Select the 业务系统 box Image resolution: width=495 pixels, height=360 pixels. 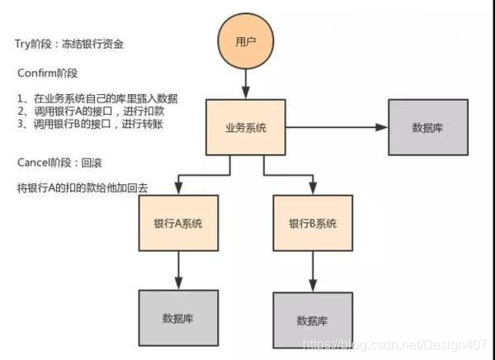[x=246, y=128]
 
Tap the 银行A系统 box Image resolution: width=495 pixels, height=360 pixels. [x=178, y=224]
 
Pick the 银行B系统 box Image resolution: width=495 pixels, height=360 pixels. [x=313, y=224]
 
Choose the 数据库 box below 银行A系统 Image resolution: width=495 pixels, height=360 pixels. [x=179, y=317]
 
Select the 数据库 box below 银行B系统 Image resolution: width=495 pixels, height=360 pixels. [x=313, y=320]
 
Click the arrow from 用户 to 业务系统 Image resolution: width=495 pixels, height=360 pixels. [x=246, y=83]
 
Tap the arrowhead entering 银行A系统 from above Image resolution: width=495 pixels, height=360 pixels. [x=179, y=189]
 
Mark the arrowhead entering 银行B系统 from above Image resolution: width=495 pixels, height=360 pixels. [x=313, y=189]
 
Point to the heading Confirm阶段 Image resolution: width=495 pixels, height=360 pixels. [x=46, y=72]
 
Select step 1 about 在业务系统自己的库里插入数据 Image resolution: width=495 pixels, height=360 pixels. [x=97, y=98]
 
